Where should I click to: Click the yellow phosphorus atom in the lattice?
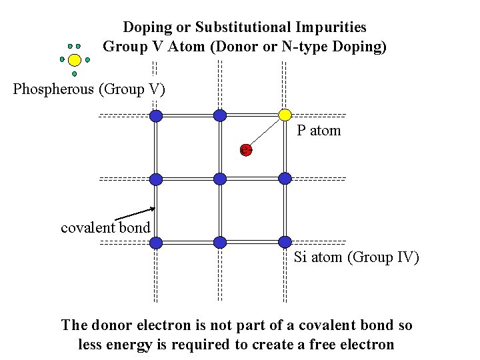point(285,115)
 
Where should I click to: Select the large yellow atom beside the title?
point(75,60)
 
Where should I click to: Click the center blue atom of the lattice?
point(220,178)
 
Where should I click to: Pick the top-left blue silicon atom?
point(156,116)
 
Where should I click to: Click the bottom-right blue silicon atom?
point(285,242)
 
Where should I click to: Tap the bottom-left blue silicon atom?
point(156,243)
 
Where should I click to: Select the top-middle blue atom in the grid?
point(220,116)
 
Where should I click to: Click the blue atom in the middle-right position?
point(285,178)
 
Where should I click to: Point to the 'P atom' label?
point(319,131)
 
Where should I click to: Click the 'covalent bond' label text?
point(105,228)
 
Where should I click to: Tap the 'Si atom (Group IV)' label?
point(357,257)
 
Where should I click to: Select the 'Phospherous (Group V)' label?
point(89,89)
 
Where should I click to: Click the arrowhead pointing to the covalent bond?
point(153,209)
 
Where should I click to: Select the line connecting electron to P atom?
point(265,132)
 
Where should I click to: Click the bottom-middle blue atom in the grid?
point(220,243)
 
